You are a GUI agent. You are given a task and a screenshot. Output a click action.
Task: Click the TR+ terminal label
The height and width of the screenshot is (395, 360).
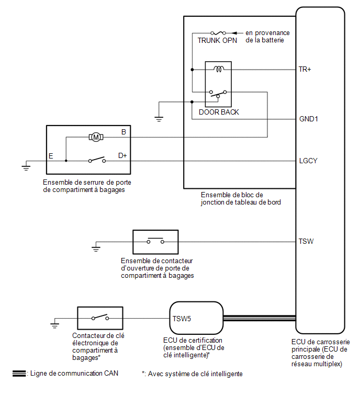click(x=305, y=69)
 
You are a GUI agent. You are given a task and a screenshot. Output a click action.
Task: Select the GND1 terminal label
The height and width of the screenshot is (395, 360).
click(x=308, y=119)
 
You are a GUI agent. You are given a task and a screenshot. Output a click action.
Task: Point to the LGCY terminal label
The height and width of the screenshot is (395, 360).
click(x=308, y=161)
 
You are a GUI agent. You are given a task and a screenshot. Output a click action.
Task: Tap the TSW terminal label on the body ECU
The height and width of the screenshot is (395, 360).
click(x=306, y=241)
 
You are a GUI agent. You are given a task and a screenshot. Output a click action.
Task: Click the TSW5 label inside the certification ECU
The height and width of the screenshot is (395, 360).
click(x=182, y=319)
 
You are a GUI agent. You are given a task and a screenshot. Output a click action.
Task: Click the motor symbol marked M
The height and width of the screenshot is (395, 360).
click(x=96, y=137)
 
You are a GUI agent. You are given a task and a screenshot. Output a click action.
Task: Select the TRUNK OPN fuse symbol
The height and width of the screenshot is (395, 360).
click(x=218, y=33)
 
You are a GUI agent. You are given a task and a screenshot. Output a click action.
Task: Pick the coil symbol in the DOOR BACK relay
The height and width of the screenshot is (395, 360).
click(x=219, y=69)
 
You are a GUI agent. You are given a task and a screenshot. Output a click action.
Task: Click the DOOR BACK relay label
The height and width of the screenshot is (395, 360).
click(x=219, y=112)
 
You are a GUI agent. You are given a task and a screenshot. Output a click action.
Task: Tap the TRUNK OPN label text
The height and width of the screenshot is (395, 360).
click(x=217, y=40)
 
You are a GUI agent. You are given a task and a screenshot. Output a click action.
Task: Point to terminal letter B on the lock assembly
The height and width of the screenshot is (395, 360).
click(x=123, y=132)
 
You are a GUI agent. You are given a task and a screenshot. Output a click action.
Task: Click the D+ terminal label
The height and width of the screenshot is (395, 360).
click(x=122, y=156)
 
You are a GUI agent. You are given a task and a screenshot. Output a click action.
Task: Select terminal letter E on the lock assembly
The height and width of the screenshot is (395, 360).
click(x=51, y=156)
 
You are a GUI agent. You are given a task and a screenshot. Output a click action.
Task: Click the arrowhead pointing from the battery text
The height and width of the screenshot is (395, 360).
click(x=234, y=33)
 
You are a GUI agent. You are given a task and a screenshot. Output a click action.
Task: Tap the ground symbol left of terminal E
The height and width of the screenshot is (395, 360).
click(x=26, y=168)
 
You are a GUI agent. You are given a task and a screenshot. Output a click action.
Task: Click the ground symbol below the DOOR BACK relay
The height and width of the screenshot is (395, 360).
click(x=159, y=119)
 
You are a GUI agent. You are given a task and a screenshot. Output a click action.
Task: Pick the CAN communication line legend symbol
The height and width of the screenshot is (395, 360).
click(x=19, y=374)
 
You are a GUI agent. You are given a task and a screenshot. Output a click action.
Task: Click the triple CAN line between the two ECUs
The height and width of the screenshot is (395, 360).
click(x=260, y=318)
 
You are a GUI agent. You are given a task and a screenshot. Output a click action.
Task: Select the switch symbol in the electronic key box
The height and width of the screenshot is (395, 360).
click(x=100, y=317)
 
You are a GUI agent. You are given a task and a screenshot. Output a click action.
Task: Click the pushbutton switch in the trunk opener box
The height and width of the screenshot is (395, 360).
click(x=155, y=241)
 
